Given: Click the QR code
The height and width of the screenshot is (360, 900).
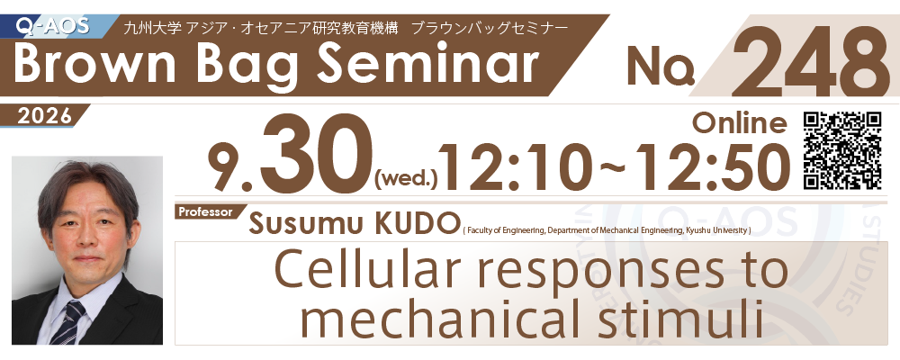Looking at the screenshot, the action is click(x=842, y=150).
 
